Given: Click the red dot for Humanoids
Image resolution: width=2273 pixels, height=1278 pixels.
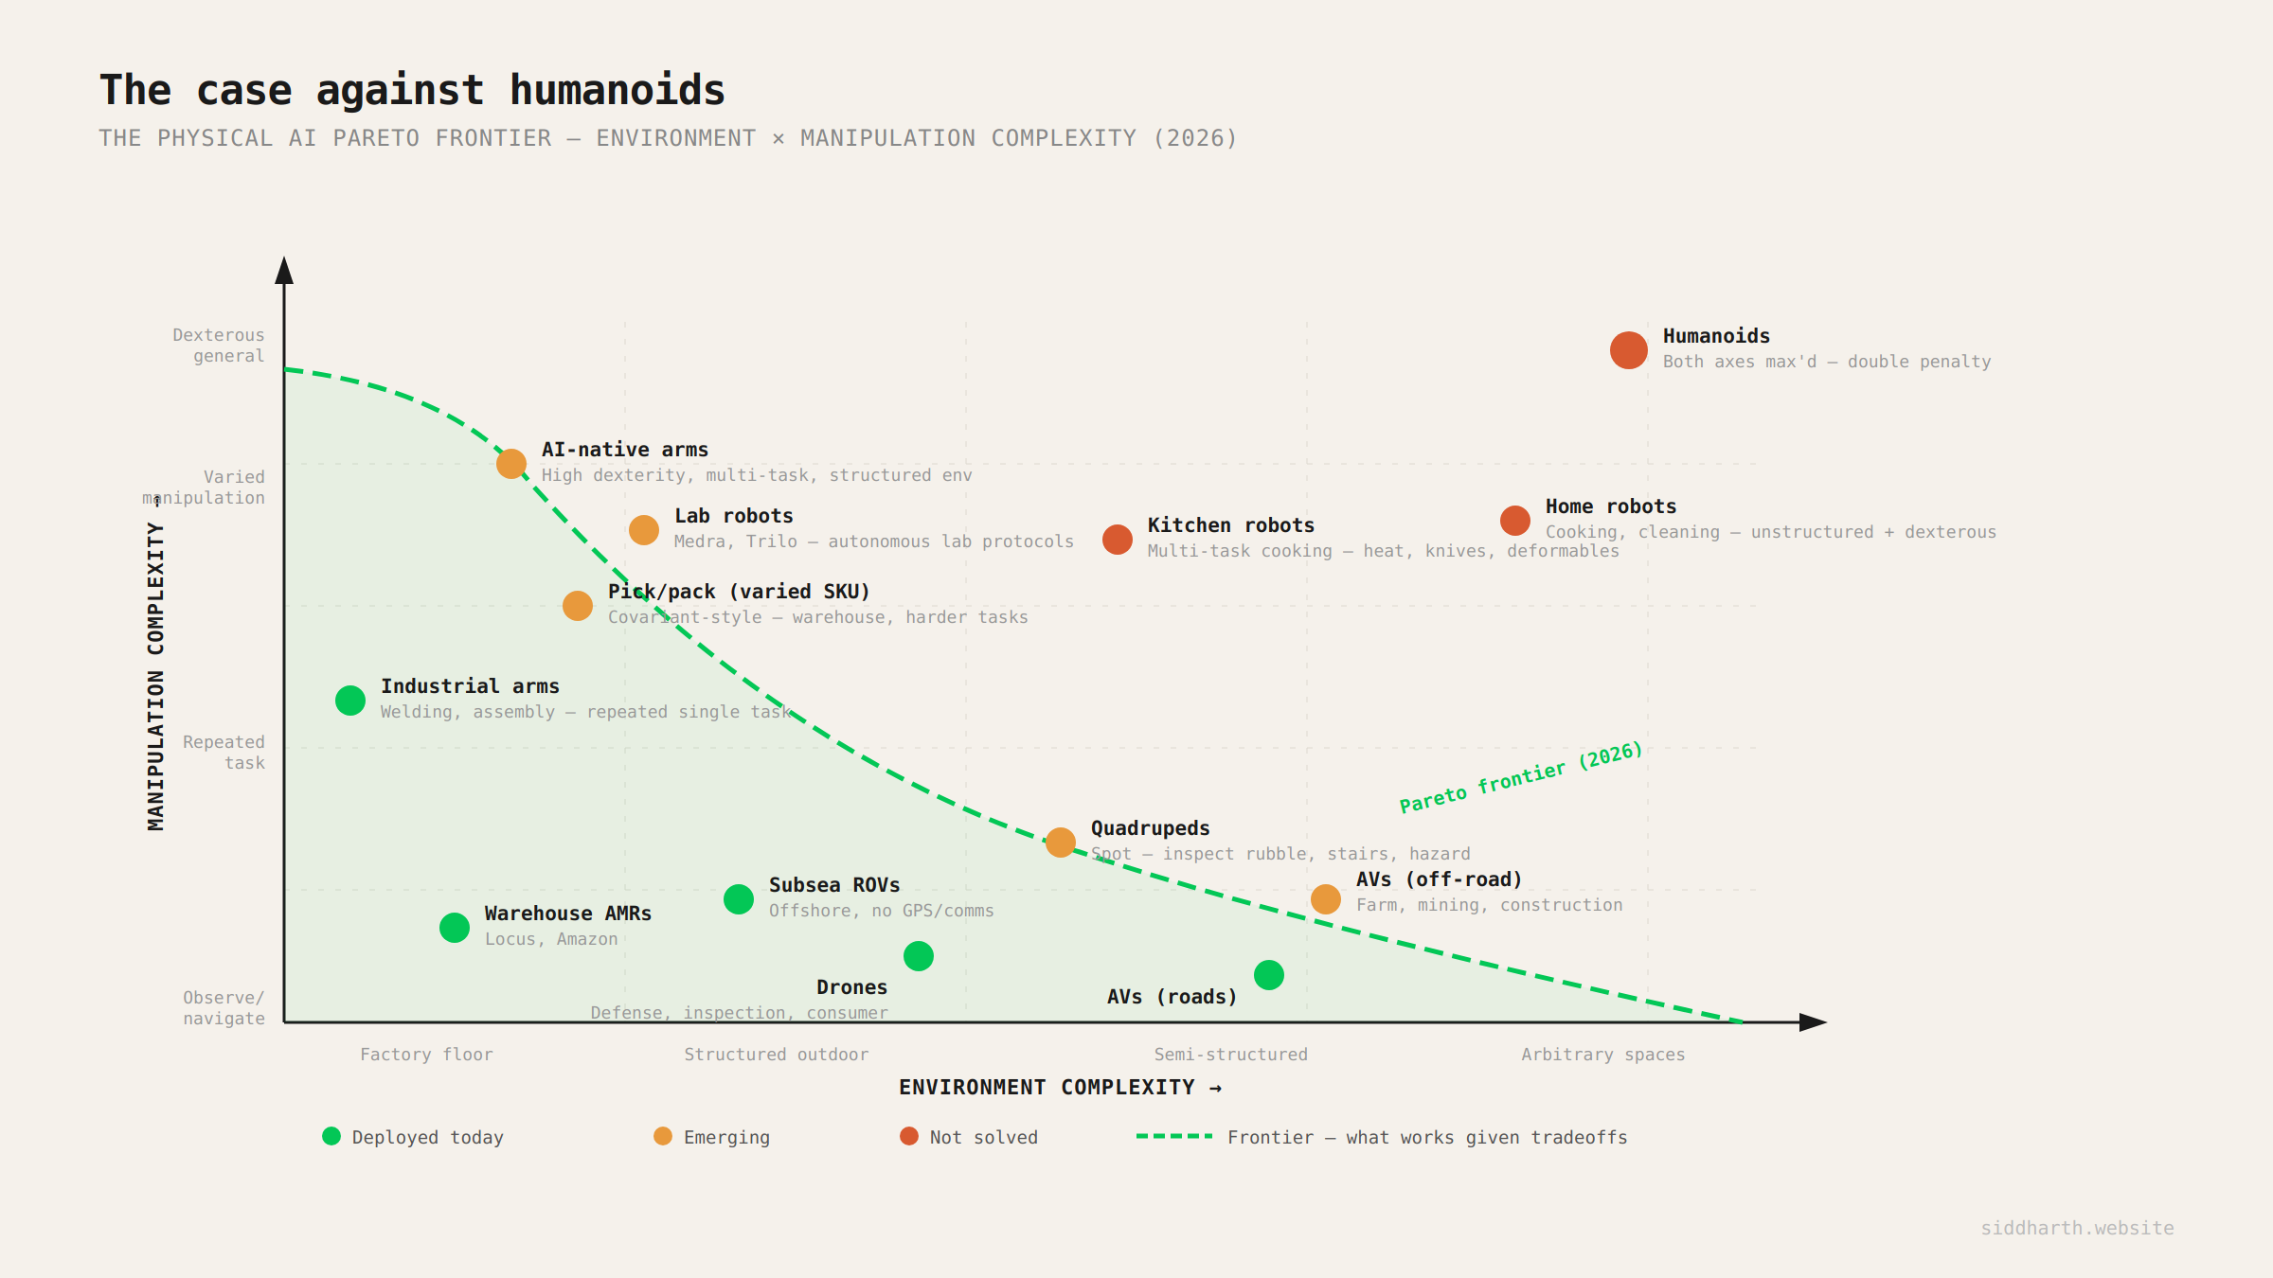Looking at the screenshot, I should tap(1628, 350).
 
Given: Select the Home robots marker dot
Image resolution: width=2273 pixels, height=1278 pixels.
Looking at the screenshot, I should tap(1514, 521).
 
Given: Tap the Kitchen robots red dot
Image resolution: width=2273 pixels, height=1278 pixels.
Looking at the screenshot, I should tap(1117, 540).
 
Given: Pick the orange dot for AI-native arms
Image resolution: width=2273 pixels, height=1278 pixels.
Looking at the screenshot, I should tap(511, 464).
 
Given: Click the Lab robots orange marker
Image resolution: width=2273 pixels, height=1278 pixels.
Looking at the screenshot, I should tap(644, 530).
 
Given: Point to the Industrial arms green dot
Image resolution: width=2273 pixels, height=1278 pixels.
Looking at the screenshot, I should tap(350, 701).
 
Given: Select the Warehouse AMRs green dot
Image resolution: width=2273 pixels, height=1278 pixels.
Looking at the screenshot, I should tap(455, 928).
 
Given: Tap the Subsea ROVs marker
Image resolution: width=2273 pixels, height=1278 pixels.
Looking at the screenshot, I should tap(739, 899).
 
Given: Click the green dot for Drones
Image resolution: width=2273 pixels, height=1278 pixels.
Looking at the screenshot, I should tap(919, 956).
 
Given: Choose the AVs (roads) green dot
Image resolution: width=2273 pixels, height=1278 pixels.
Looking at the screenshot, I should tap(1269, 975).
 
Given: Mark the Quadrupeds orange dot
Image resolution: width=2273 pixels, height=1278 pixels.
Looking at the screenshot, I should tap(1061, 843).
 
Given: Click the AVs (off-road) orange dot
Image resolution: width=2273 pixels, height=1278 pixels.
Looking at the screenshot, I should tap(1326, 899).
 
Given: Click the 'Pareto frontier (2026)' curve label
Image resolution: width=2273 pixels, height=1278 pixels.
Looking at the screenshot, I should tap(1521, 777).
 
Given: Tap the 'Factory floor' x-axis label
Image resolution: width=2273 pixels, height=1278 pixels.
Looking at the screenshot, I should tap(426, 1055).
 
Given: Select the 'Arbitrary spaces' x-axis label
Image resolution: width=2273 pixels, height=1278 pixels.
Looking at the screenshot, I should tap(1602, 1055).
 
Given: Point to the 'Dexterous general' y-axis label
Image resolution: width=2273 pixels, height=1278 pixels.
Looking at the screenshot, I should tap(219, 346).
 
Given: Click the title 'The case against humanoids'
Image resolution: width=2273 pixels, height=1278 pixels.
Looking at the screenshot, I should tap(412, 91).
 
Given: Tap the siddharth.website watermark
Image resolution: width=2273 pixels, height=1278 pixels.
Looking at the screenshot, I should tap(2077, 1228).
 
